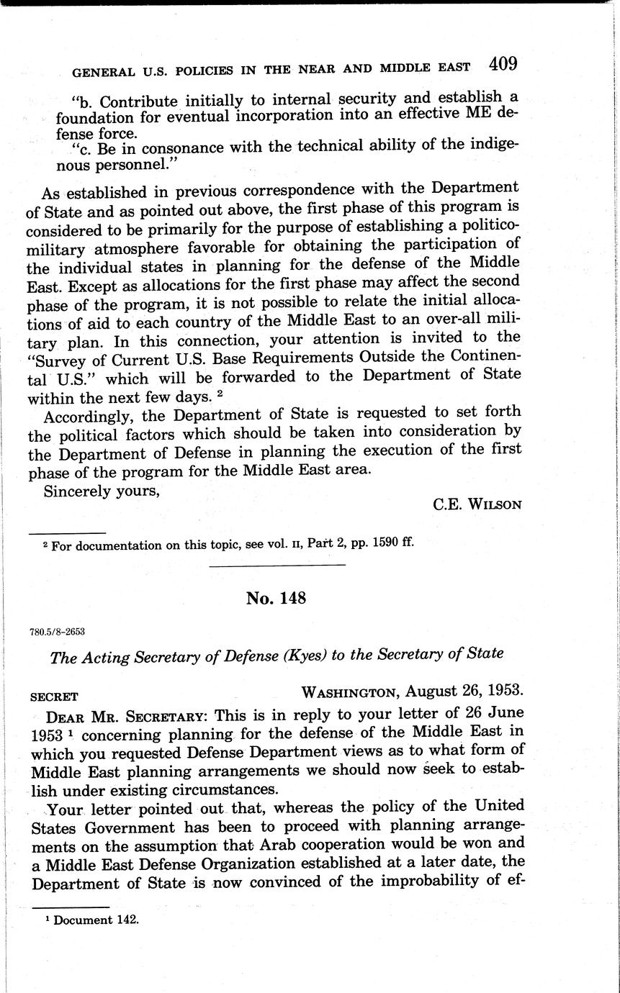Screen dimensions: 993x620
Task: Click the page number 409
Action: tap(503, 64)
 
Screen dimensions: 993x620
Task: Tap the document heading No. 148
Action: tap(277, 598)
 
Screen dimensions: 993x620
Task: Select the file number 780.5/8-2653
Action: tap(58, 632)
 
